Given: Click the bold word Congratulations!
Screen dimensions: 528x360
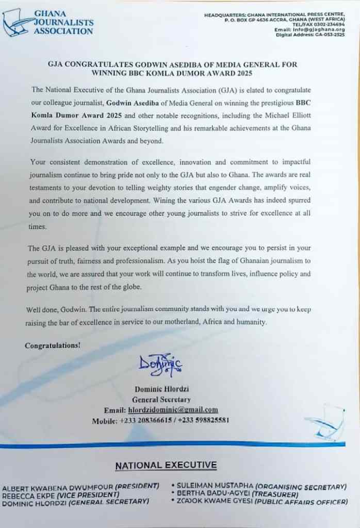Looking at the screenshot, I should (x=53, y=345).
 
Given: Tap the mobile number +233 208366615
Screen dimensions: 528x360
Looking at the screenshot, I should (x=145, y=420).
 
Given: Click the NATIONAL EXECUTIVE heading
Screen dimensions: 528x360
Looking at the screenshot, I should (x=166, y=466).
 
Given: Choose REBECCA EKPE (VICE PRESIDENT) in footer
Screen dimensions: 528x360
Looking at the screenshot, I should (x=58, y=494).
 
